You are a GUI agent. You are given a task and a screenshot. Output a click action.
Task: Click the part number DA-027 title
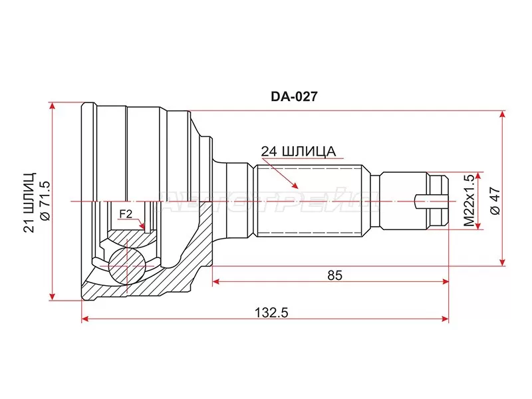coord(293,96)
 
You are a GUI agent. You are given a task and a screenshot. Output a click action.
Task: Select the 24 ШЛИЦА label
coord(297,152)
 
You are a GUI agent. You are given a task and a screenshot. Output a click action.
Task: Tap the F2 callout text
coord(126,214)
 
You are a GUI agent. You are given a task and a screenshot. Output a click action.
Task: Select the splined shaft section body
coord(309,199)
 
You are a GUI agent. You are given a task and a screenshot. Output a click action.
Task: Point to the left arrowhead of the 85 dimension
coord(216,282)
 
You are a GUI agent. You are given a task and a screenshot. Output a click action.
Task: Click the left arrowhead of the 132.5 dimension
coord(85,320)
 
